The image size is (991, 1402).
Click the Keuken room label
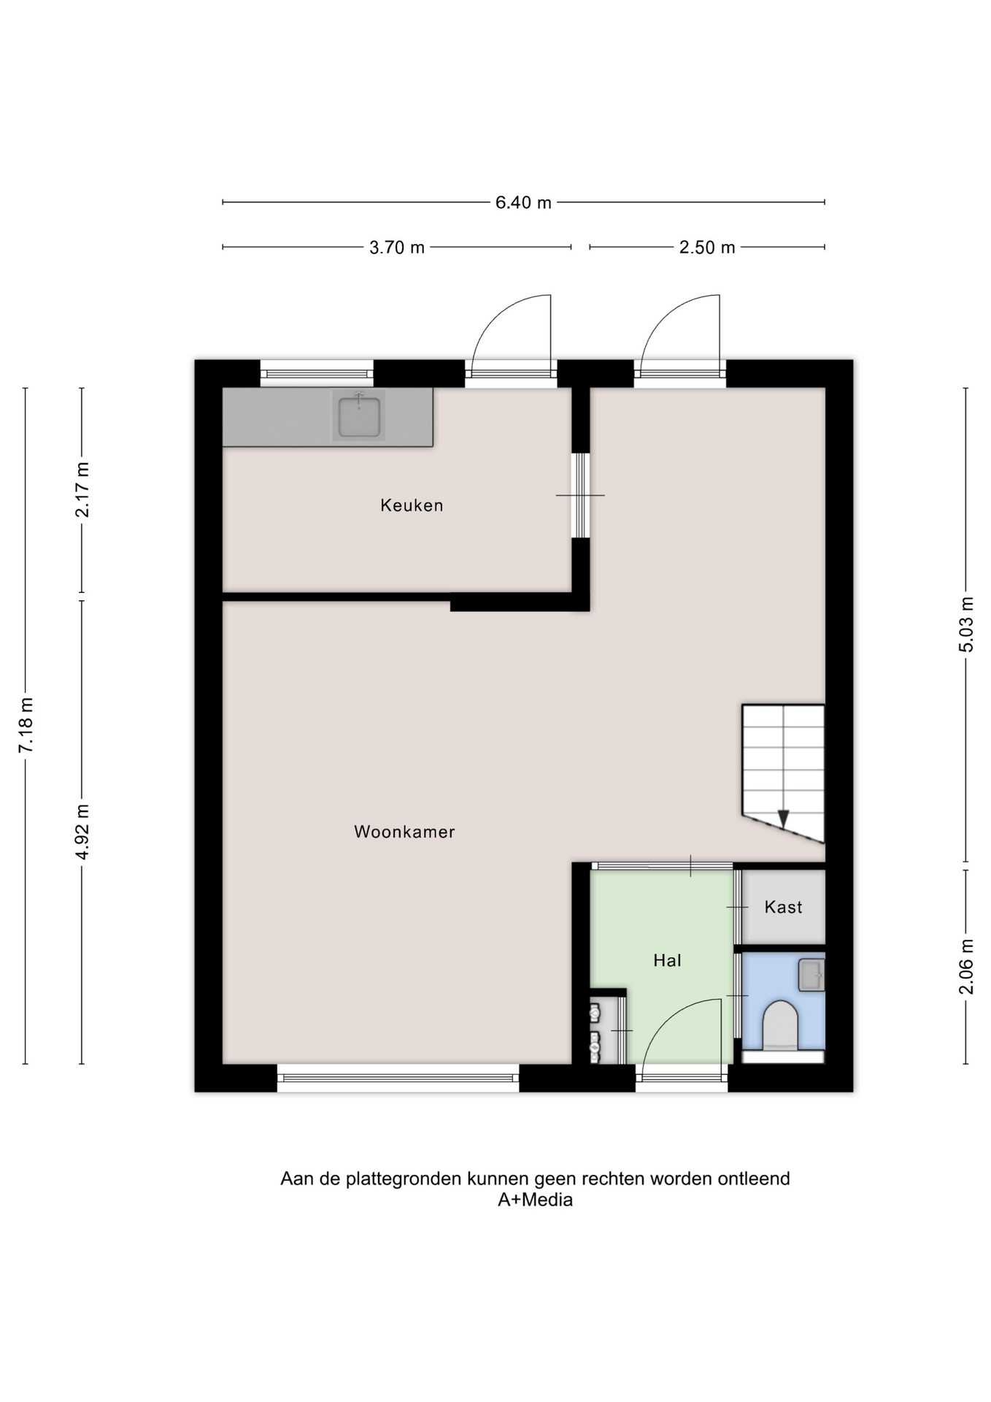point(412,505)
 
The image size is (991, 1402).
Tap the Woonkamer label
point(404,832)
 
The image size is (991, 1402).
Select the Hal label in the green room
point(667,960)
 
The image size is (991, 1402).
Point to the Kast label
point(783,907)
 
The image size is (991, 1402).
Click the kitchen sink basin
point(359,416)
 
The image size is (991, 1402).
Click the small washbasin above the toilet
point(811,975)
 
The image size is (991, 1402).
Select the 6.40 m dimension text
point(523,203)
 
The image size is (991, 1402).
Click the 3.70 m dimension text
point(397,248)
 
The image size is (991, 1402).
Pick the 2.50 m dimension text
point(707,248)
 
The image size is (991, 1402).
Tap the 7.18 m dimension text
point(26,725)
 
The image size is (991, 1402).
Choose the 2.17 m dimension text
point(82,490)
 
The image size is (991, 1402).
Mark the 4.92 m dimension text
point(82,832)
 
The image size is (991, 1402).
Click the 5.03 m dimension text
point(966,625)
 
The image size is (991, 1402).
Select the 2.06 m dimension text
point(966,967)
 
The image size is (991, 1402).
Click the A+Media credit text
point(535,1200)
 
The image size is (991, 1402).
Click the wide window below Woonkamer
point(398,1078)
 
